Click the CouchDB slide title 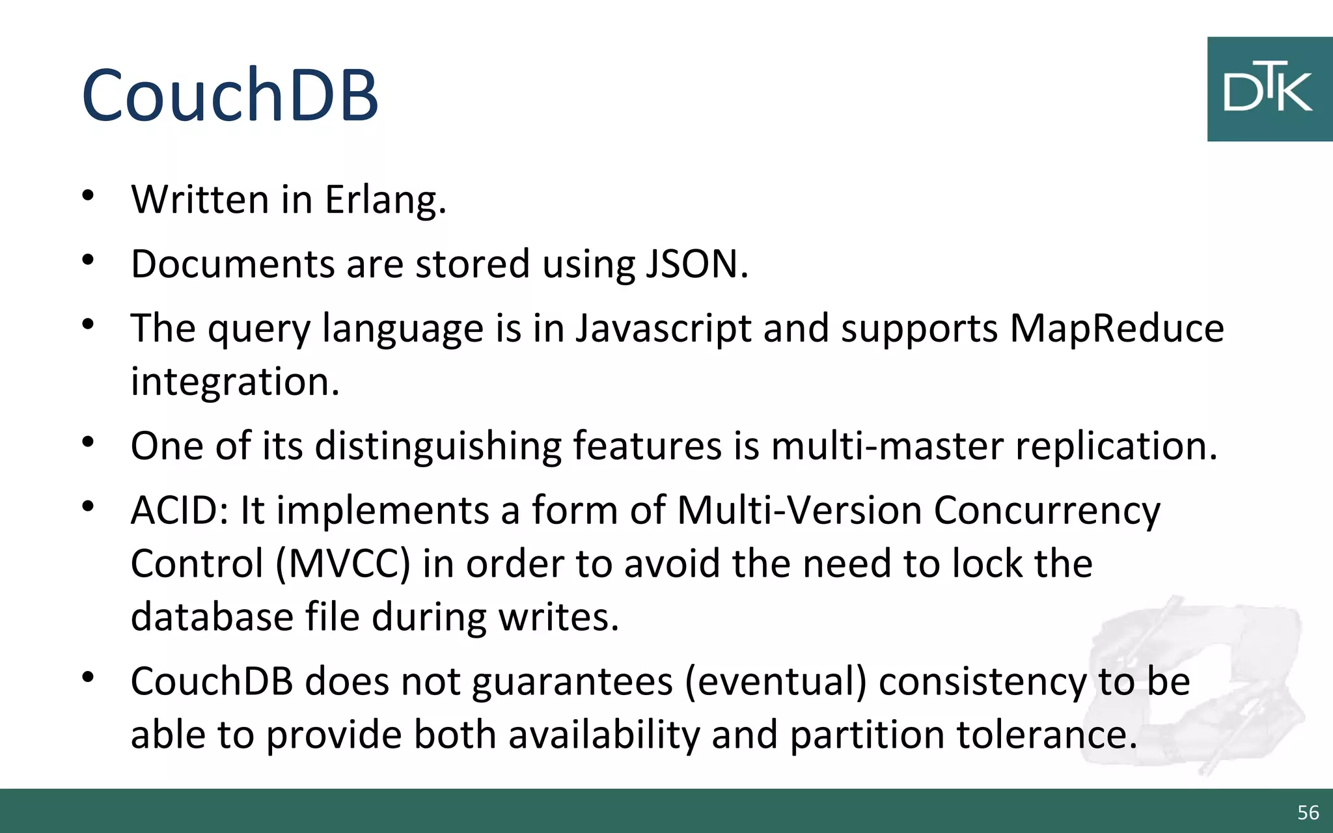click(x=230, y=96)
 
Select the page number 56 click(x=1308, y=812)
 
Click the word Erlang click(x=385, y=200)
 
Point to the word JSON click(x=696, y=264)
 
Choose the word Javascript click(x=663, y=328)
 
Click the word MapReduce click(x=1116, y=328)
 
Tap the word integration click(x=235, y=381)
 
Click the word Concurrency click(x=1047, y=510)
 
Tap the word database click(x=212, y=617)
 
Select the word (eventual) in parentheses click(x=776, y=682)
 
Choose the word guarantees click(x=572, y=682)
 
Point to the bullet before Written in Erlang click(x=89, y=195)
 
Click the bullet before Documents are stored click(x=89, y=260)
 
